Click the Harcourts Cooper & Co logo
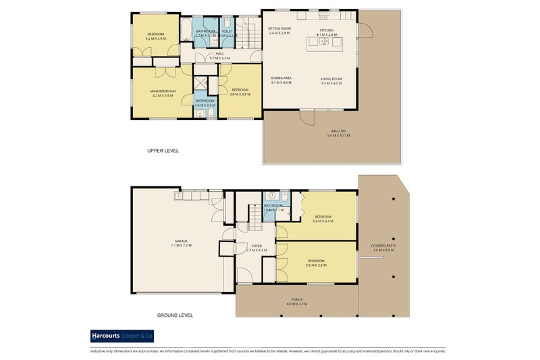click(x=123, y=336)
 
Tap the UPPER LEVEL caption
click(x=163, y=151)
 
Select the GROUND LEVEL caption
click(x=175, y=315)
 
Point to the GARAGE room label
click(x=181, y=240)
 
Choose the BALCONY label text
click(x=338, y=131)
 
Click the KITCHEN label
click(x=327, y=30)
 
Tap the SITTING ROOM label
click(x=279, y=28)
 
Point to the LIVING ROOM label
click(x=331, y=79)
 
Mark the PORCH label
click(x=296, y=299)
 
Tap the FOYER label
click(x=256, y=246)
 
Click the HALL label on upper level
click(x=219, y=53)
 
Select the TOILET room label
click(x=227, y=31)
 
